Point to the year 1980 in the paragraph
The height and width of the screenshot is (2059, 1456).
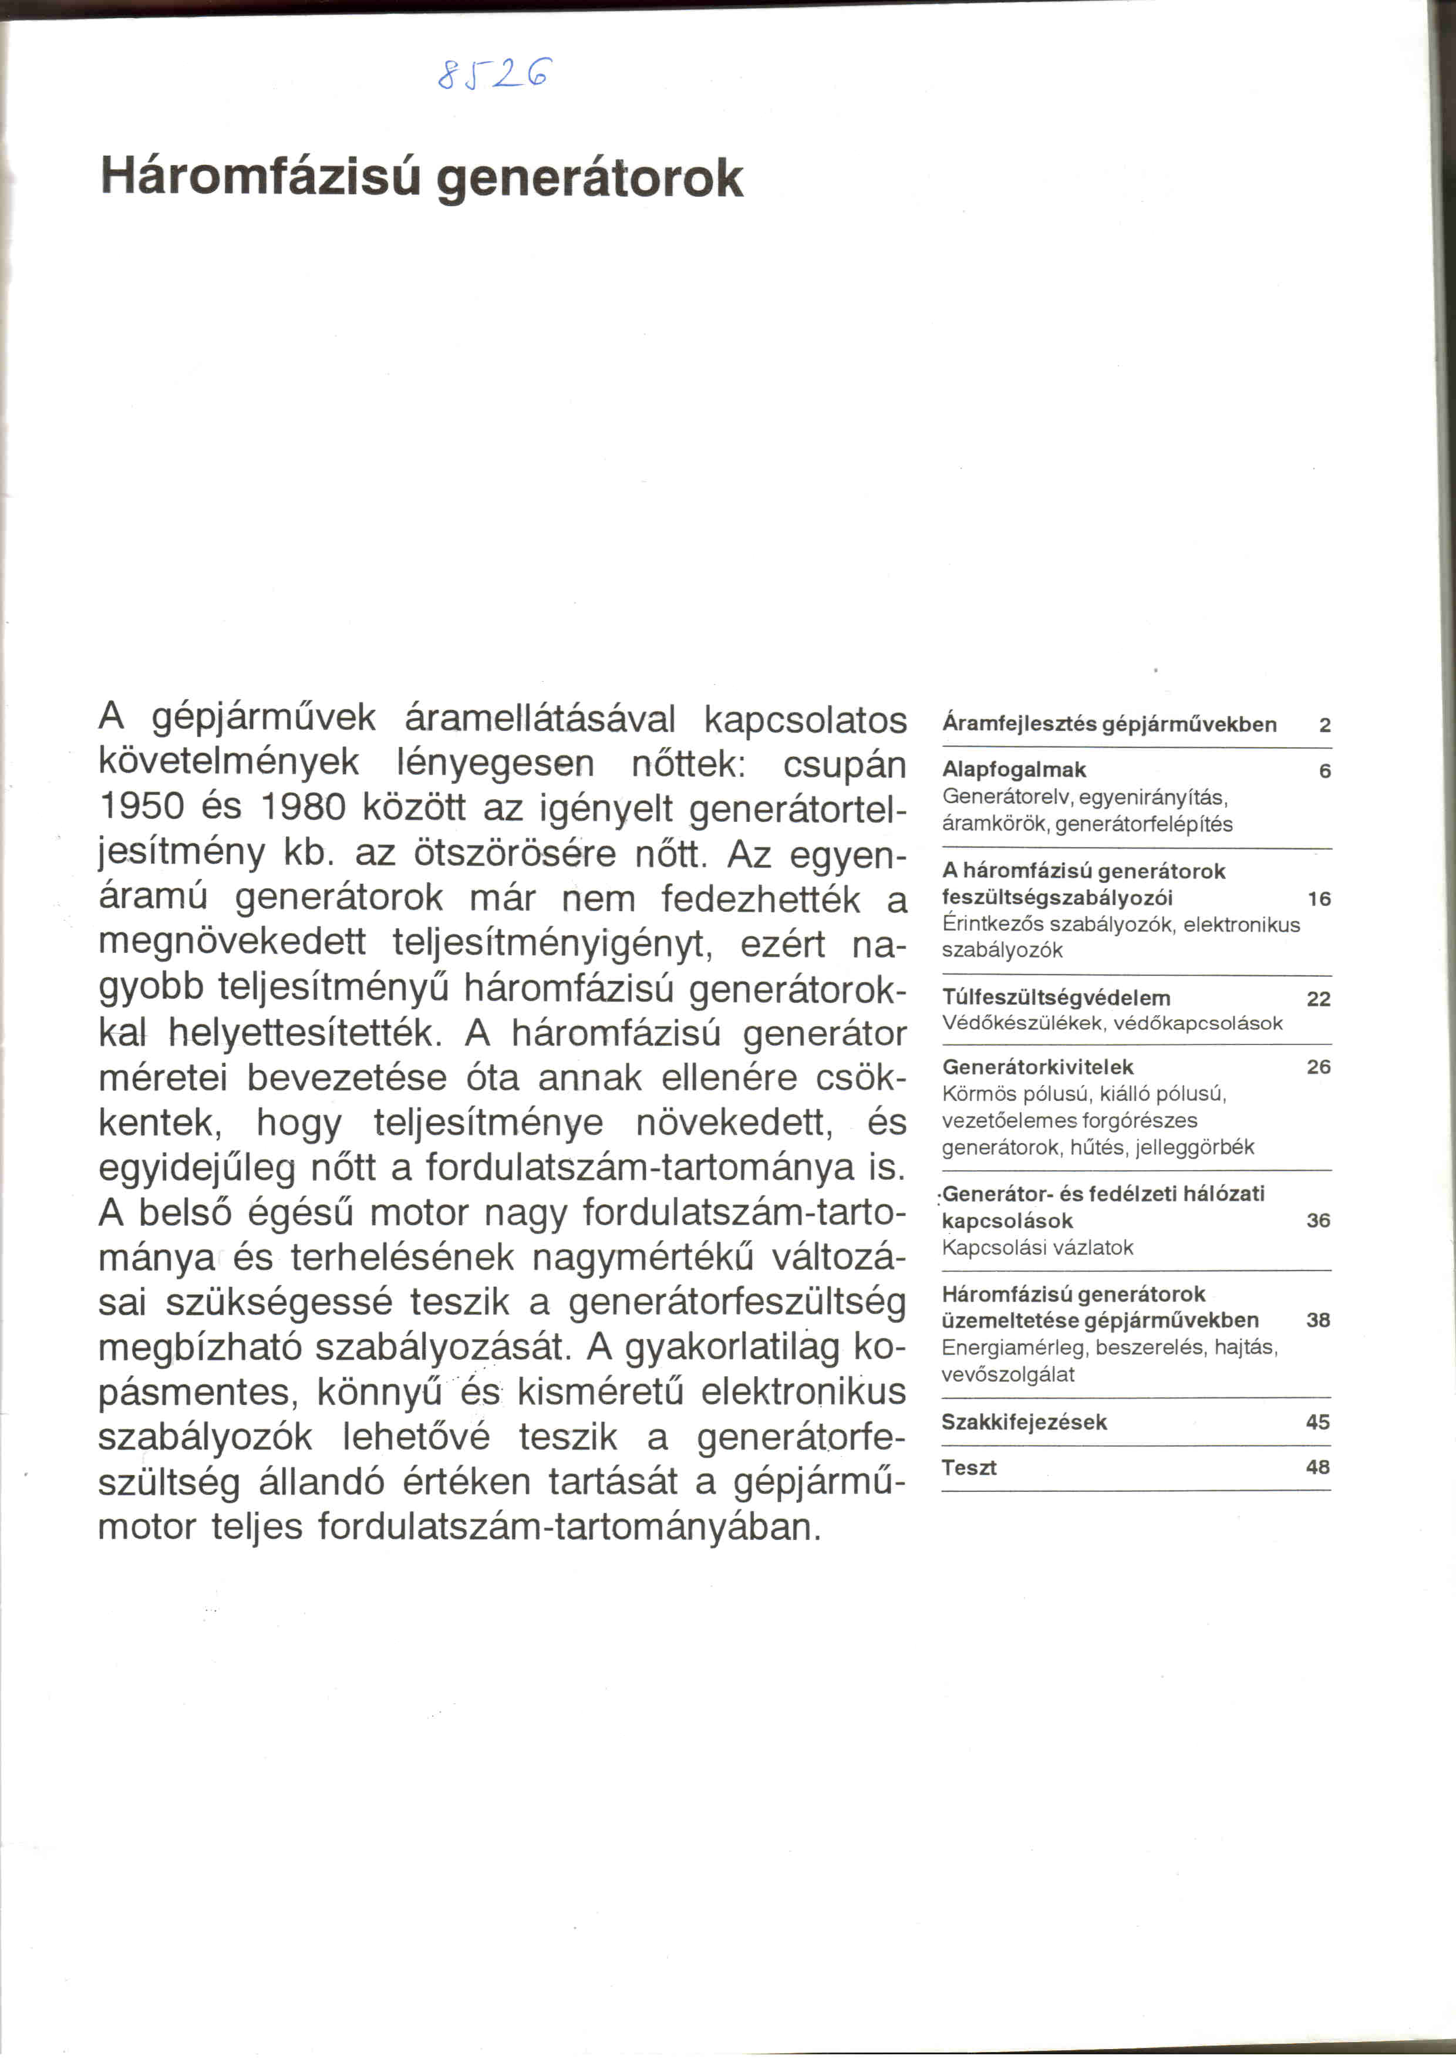302,807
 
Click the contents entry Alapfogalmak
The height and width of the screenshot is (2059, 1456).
1013,770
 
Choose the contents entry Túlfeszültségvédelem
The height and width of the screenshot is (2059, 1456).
1055,998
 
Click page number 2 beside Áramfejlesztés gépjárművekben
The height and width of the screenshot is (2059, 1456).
1324,726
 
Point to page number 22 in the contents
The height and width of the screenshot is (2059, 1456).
1318,999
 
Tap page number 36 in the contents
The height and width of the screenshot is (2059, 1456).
1318,1221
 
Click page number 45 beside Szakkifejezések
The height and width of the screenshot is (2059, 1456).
1317,1423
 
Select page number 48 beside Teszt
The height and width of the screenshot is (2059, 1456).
1317,1467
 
